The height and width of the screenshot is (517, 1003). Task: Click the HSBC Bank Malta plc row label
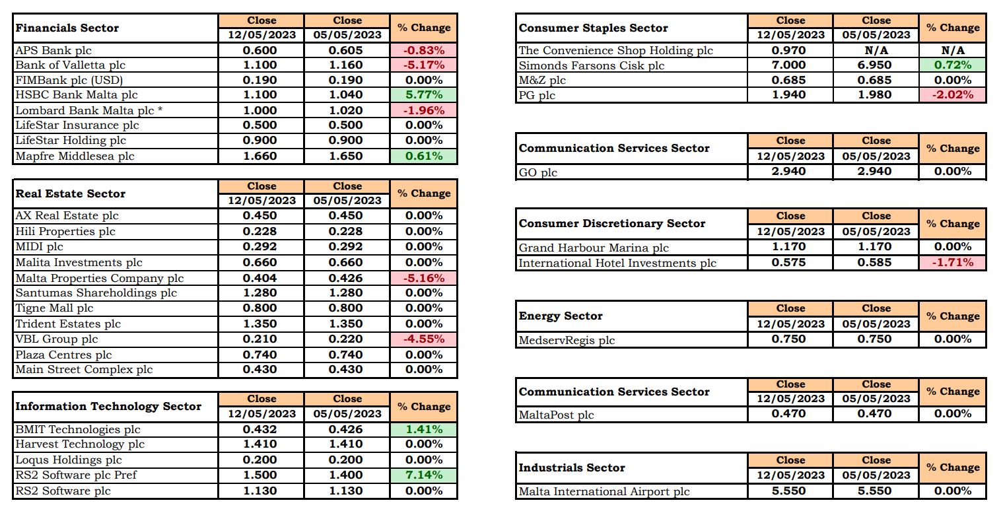coord(76,95)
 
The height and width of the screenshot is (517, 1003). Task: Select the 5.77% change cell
coord(424,95)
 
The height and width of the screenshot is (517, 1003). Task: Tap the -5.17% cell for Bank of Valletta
coord(424,65)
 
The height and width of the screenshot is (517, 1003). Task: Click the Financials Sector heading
coord(67,28)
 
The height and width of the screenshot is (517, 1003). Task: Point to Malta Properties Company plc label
coord(100,279)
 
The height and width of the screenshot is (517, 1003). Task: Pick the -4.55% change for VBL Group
coord(424,339)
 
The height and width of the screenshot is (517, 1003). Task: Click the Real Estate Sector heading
coord(70,194)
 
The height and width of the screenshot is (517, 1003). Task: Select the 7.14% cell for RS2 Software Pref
coord(424,475)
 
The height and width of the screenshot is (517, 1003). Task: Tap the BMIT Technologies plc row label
coord(78,430)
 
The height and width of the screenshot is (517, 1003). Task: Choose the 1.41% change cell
coord(424,430)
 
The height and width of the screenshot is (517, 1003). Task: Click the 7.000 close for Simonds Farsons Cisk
coord(788,65)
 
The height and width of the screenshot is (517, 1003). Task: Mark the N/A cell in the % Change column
coord(952,51)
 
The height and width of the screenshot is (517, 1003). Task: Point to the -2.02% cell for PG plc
coord(952,95)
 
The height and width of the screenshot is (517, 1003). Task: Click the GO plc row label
coord(537,173)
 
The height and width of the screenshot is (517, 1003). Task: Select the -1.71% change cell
coord(952,263)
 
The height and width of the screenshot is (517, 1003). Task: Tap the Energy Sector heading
coord(561,316)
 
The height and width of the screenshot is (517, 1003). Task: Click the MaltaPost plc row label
coord(556,415)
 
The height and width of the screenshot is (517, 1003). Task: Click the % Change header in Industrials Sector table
coord(953,467)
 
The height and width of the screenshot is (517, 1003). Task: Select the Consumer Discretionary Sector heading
coord(611,223)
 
